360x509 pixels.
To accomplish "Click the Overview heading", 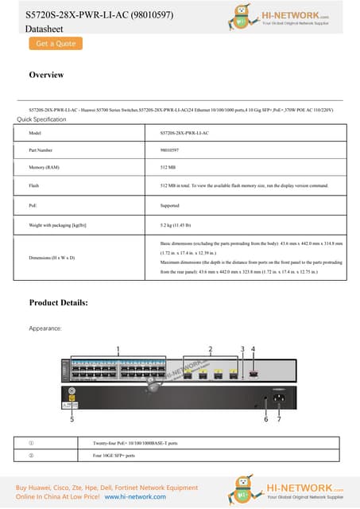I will pyautogui.click(x=46, y=75).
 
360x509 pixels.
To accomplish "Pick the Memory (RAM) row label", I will pyautogui.click(x=44, y=168).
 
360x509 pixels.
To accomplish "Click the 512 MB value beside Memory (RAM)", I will pyautogui.click(x=168, y=168).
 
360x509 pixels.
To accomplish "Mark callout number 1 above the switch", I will pyautogui.click(x=118, y=349).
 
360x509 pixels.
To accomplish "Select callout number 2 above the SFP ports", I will pyautogui.click(x=210, y=349).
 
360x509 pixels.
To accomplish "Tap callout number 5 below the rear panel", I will pyautogui.click(x=72, y=419).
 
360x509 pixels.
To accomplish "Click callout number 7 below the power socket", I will pyautogui.click(x=279, y=419).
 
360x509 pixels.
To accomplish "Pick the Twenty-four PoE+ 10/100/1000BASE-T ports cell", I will pyautogui.click(x=135, y=442).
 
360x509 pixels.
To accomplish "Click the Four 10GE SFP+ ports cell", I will pyautogui.click(x=114, y=456).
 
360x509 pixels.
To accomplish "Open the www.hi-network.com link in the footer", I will pyautogui.click(x=135, y=496).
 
